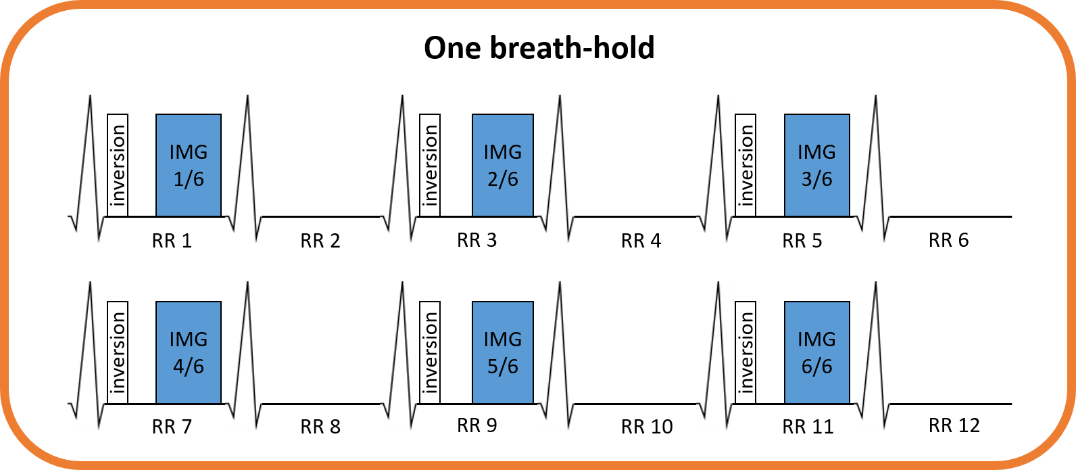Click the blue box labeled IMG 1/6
[188, 166]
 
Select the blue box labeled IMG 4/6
[188, 352]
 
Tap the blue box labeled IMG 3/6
[816, 166]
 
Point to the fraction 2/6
[503, 180]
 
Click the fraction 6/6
[816, 367]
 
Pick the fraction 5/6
[503, 367]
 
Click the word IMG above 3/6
[816, 152]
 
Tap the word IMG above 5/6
[503, 339]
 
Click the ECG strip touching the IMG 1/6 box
[243, 168]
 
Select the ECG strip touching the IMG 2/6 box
[556, 168]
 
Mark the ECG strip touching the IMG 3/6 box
[872, 168]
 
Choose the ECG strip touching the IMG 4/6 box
[243, 355]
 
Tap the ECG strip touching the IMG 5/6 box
[556, 355]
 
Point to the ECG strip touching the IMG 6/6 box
[872, 355]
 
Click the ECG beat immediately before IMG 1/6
[86, 168]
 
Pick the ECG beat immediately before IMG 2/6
[398, 168]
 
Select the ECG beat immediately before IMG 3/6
[714, 168]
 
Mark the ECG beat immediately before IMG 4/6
[86, 355]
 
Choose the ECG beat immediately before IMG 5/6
[398, 355]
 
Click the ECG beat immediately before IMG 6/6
[714, 355]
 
